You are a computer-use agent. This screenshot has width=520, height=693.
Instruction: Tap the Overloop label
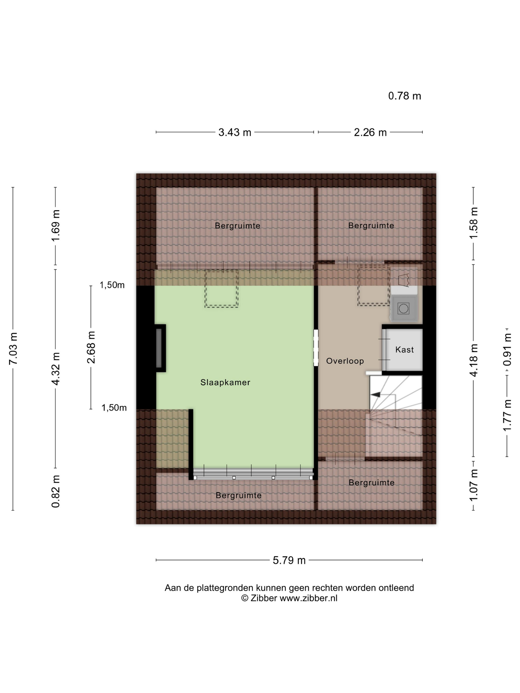[345, 361]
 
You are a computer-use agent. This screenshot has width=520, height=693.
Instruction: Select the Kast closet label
[404, 350]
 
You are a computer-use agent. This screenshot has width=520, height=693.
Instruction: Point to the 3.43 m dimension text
[235, 132]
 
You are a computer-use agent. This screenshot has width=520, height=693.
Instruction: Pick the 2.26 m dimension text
[370, 132]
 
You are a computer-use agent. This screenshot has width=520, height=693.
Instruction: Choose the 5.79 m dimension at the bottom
[289, 560]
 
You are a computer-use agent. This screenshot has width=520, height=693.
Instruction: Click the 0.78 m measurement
[405, 96]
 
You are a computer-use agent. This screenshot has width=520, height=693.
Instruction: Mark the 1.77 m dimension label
[507, 415]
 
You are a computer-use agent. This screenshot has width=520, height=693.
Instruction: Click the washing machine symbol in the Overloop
[403, 309]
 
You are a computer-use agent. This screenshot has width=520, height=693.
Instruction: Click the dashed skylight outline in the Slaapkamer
[221, 288]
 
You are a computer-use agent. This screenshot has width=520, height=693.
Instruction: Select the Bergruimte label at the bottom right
[371, 483]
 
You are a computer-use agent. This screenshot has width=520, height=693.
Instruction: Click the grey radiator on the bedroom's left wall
[159, 348]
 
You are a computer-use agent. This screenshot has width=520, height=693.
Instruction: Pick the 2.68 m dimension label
[91, 347]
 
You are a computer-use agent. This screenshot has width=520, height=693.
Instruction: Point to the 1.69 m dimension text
[55, 225]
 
